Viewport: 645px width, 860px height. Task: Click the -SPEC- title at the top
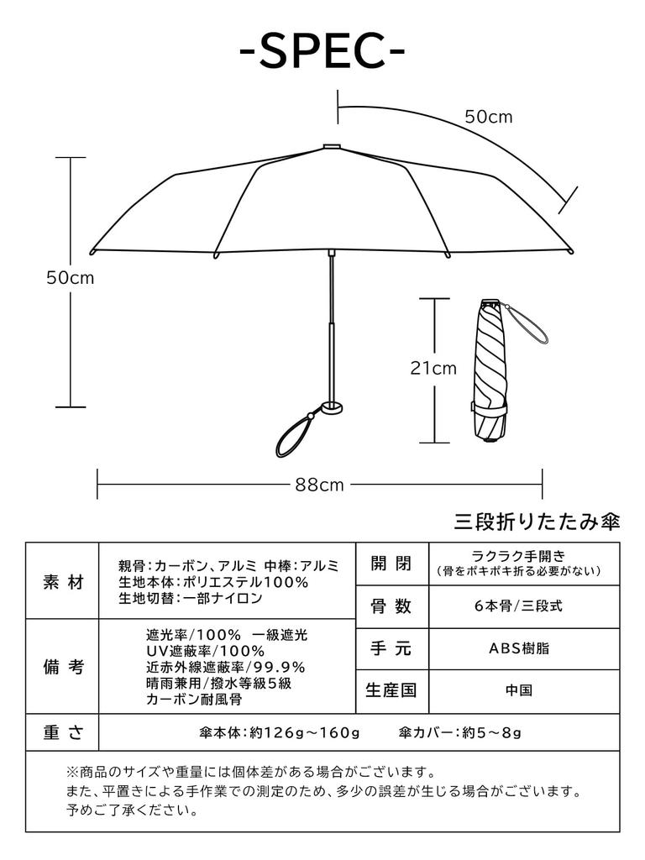click(322, 52)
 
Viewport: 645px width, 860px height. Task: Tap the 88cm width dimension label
click(319, 485)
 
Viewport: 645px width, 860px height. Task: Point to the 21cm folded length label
click(433, 368)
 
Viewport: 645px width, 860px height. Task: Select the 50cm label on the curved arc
click(489, 117)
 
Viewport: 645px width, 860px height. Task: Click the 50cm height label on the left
click(70, 278)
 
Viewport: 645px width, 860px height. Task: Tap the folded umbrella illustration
click(490, 370)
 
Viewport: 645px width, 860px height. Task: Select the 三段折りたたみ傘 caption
click(537, 522)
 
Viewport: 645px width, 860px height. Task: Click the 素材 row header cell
click(63, 581)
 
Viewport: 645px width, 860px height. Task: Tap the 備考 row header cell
click(63, 667)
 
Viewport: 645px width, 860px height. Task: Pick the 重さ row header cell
click(63, 732)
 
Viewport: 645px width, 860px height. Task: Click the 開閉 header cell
click(392, 564)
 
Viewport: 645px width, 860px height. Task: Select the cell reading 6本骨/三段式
click(524, 606)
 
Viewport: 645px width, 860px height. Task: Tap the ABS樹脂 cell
click(524, 648)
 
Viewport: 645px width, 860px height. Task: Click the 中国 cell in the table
click(524, 691)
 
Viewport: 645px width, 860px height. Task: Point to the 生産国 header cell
click(392, 691)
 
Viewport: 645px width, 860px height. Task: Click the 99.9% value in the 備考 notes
click(282, 667)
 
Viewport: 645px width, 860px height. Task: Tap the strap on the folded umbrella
click(527, 325)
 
